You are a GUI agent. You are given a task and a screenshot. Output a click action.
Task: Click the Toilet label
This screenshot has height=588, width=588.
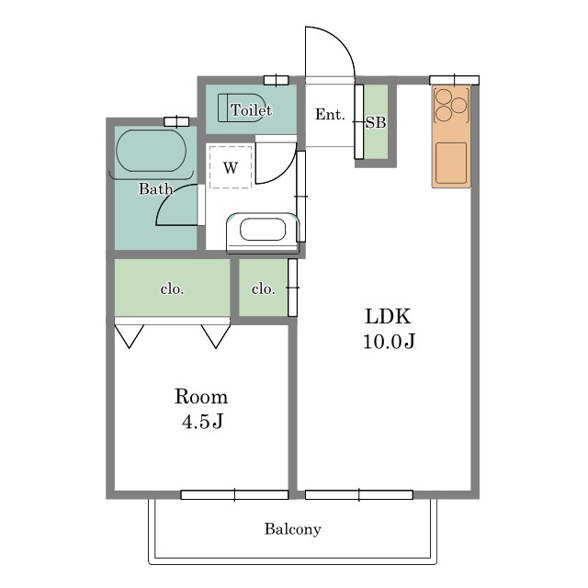coord(251,110)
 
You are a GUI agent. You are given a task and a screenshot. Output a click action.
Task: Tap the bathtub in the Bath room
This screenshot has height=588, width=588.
coord(151,151)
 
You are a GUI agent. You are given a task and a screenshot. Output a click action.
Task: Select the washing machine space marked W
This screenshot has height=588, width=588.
coord(231,167)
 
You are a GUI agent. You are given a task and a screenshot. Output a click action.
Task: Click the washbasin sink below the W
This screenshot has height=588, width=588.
coord(263,229)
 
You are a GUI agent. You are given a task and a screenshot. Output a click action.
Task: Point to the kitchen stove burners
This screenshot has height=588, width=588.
coord(450,104)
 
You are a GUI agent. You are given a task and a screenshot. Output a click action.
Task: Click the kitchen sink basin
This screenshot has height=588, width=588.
coord(451,163)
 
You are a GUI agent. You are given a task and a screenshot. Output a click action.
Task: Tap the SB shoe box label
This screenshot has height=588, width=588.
coord(376,122)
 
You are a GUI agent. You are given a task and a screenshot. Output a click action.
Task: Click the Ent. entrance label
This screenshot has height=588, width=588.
coord(330,114)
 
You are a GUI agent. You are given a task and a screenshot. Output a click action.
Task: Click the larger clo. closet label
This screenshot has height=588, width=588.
coord(172,289)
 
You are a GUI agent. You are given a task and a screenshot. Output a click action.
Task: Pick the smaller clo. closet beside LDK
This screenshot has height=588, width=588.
coord(264,288)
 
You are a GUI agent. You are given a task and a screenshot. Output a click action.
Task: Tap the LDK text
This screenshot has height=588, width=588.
coord(388,316)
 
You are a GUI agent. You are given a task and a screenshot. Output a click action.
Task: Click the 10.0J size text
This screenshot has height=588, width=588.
coord(389,341)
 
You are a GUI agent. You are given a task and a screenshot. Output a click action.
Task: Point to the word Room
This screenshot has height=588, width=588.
coord(201,397)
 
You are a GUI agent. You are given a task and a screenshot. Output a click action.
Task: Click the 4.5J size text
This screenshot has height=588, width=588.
coord(202,422)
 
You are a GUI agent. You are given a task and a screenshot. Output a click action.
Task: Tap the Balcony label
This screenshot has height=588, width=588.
coord(293,529)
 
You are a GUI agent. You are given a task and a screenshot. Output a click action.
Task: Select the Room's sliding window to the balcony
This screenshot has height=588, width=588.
coord(234,494)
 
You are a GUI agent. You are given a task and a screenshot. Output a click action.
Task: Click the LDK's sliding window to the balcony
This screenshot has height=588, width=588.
coord(359,494)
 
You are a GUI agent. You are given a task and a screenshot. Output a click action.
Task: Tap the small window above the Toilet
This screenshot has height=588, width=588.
coord(276,80)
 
